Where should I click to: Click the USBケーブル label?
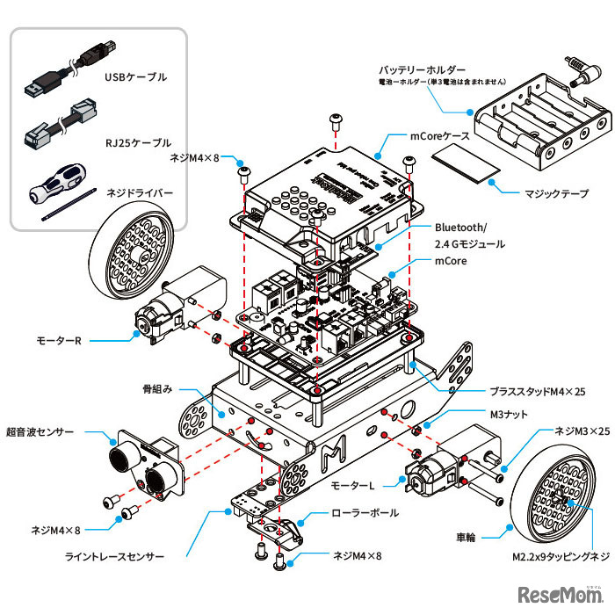tap(135, 77)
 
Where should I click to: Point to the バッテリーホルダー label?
tap(422, 69)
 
